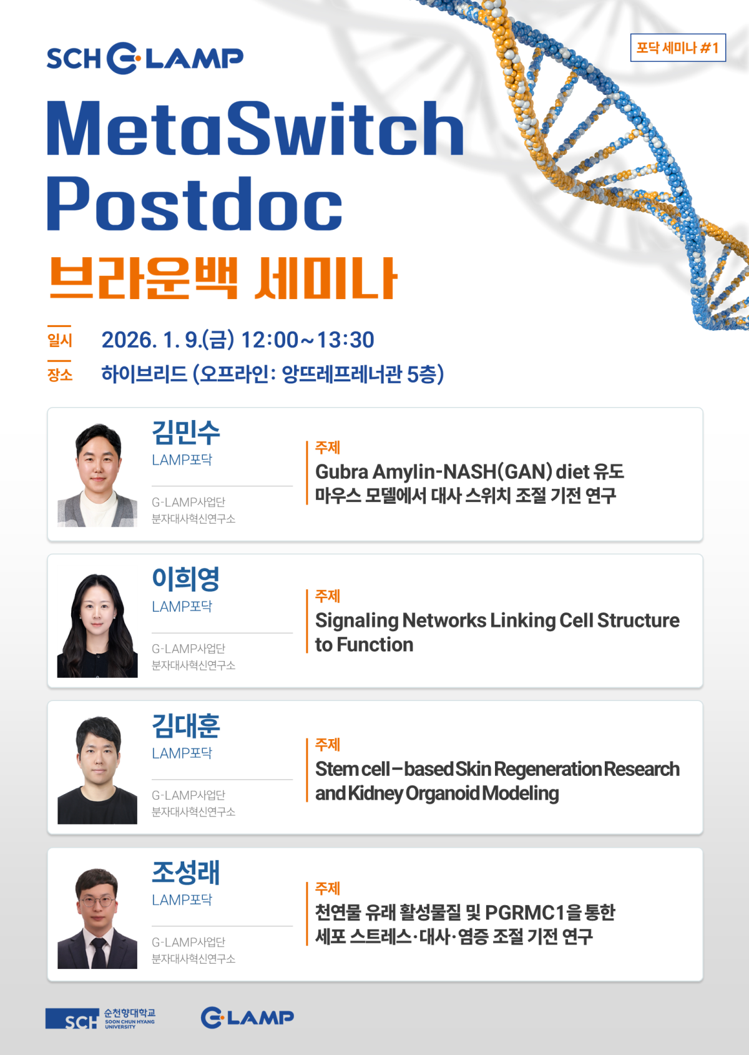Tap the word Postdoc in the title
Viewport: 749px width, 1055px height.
(195, 204)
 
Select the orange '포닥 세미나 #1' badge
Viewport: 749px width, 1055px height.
(678, 47)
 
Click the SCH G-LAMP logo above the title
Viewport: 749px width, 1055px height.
(145, 59)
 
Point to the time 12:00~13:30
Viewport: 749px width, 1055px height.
(308, 340)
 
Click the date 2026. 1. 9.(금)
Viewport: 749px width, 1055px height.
(168, 340)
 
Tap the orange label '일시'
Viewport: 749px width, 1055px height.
(60, 340)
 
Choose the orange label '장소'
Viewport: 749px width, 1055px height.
(60, 375)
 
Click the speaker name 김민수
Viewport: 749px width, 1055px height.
(186, 433)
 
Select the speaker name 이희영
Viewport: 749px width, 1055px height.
(186, 579)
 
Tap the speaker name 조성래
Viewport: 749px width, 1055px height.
(186, 872)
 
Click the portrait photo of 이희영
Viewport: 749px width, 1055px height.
(97, 626)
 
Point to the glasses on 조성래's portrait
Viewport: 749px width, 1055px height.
(97, 901)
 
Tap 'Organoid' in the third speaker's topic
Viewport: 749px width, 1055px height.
(443, 793)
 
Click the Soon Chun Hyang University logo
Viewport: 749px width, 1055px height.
(100, 1018)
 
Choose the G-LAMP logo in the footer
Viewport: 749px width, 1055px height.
(247, 1018)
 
